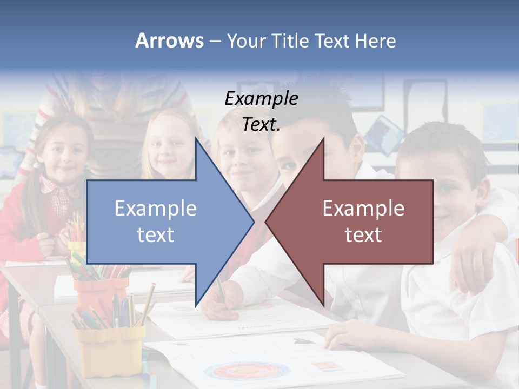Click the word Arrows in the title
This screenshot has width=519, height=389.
(169, 41)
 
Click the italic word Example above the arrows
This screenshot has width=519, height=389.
(261, 99)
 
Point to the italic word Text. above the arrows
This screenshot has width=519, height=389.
(261, 124)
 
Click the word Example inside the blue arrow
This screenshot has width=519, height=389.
(156, 208)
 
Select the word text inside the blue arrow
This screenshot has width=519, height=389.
(156, 234)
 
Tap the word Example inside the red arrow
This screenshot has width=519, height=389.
(363, 208)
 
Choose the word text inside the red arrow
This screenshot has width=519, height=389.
(363, 234)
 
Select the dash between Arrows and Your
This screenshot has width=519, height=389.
(215, 41)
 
